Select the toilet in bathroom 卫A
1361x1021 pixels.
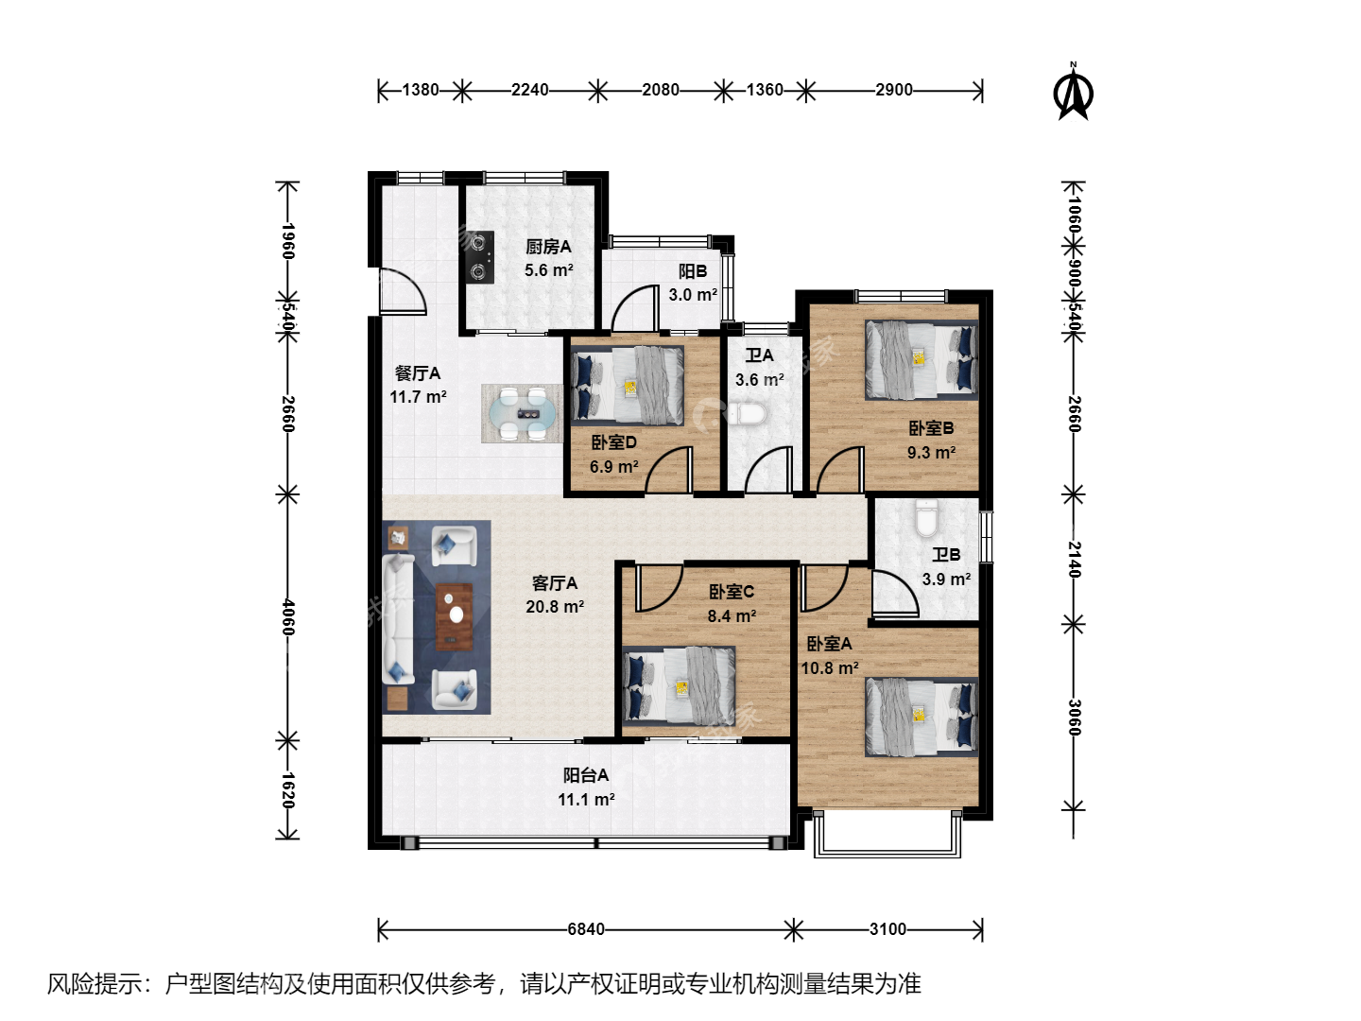pyautogui.click(x=749, y=414)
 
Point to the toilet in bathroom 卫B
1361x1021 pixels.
pyautogui.click(x=926, y=517)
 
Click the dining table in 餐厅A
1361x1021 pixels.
pyautogui.click(x=522, y=413)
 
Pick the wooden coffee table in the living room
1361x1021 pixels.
pyautogui.click(x=455, y=616)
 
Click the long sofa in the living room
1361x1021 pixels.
pyautogui.click(x=398, y=618)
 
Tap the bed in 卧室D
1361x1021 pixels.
pyautogui.click(x=627, y=385)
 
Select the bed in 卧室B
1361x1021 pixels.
pyautogui.click(x=922, y=359)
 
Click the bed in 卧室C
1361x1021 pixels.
pyautogui.click(x=679, y=685)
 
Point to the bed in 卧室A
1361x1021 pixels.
pyautogui.click(x=922, y=717)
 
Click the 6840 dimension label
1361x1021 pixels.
pyautogui.click(x=586, y=929)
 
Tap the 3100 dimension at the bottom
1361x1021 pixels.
pyautogui.click(x=887, y=929)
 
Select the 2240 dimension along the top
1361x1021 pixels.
pyautogui.click(x=529, y=90)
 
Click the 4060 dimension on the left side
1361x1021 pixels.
pyautogui.click(x=287, y=616)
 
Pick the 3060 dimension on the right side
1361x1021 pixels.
pyautogui.click(x=1075, y=718)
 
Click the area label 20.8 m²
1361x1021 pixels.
pyautogui.click(x=555, y=606)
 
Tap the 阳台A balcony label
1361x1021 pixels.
pyautogui.click(x=586, y=775)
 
